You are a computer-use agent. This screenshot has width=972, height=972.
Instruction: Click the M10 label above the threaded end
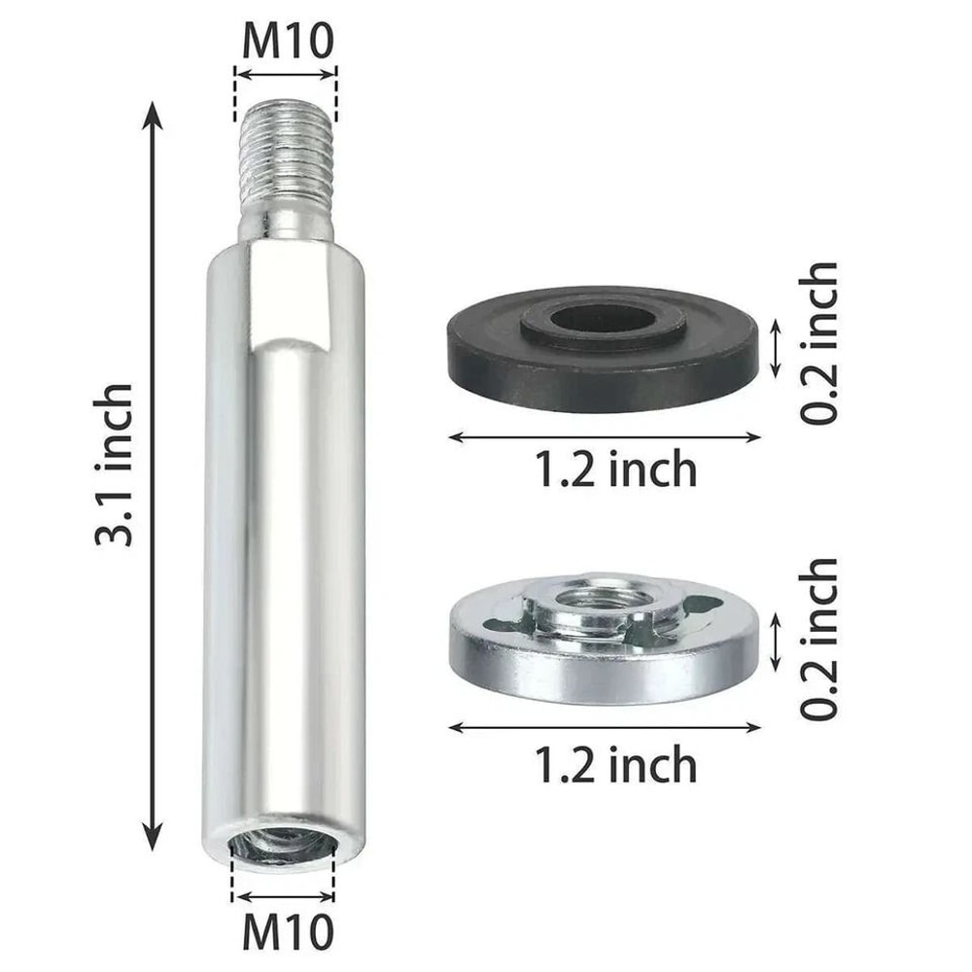click(286, 41)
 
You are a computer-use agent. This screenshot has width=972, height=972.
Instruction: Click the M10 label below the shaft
click(286, 930)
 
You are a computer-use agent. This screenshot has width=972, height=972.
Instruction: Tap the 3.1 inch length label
click(114, 465)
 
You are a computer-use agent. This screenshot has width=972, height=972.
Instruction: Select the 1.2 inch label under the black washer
click(615, 470)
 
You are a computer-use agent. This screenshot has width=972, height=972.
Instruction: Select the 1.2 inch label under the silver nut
click(615, 765)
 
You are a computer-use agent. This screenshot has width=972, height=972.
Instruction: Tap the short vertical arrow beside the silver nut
click(775, 642)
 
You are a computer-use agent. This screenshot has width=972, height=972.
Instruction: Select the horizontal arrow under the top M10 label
click(286, 71)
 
